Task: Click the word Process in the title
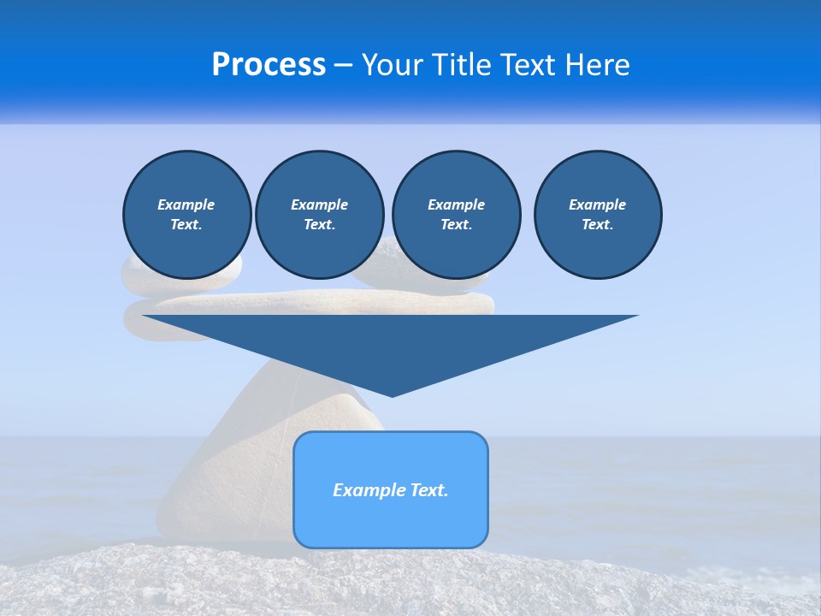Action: point(269,65)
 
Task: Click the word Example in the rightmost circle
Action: point(597,204)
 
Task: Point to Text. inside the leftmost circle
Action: point(186,224)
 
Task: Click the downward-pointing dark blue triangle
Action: point(391,346)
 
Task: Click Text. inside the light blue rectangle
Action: point(429,490)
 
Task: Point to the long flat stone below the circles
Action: point(342,302)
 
